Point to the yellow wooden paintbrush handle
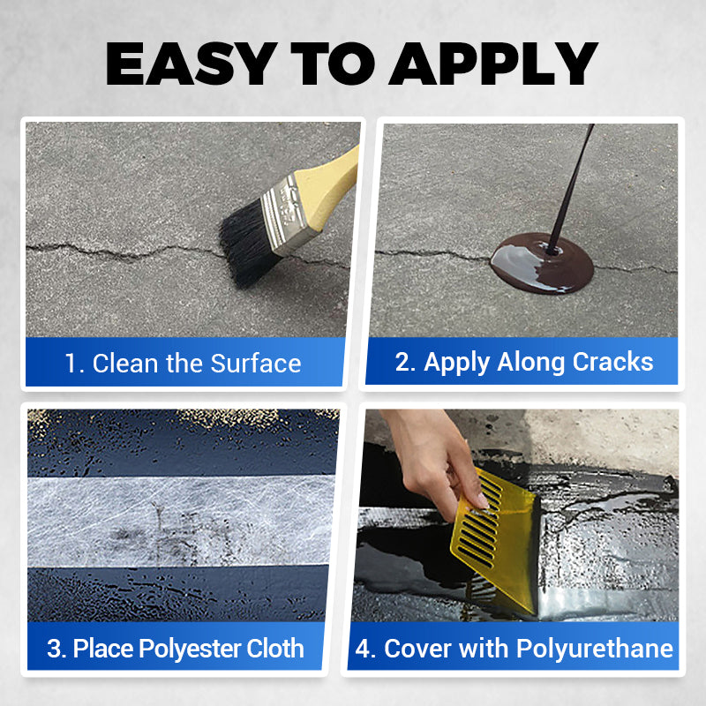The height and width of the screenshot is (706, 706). [334, 173]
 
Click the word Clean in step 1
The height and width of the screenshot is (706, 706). [121, 363]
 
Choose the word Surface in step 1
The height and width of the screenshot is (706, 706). [255, 363]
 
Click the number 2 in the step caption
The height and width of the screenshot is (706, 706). [404, 361]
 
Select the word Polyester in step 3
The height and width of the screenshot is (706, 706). [177, 650]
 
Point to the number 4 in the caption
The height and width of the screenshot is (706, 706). [363, 650]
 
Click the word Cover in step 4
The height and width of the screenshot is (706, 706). [416, 650]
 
